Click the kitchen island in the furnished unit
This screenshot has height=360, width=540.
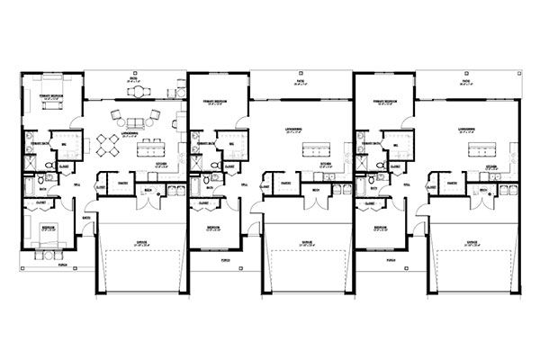[145, 148]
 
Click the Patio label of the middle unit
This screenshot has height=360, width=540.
[300, 80]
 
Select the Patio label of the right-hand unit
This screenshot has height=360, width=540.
[467, 80]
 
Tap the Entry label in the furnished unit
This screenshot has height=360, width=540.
[86, 217]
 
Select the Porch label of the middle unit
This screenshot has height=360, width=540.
[224, 259]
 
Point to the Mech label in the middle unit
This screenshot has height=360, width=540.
[317, 190]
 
